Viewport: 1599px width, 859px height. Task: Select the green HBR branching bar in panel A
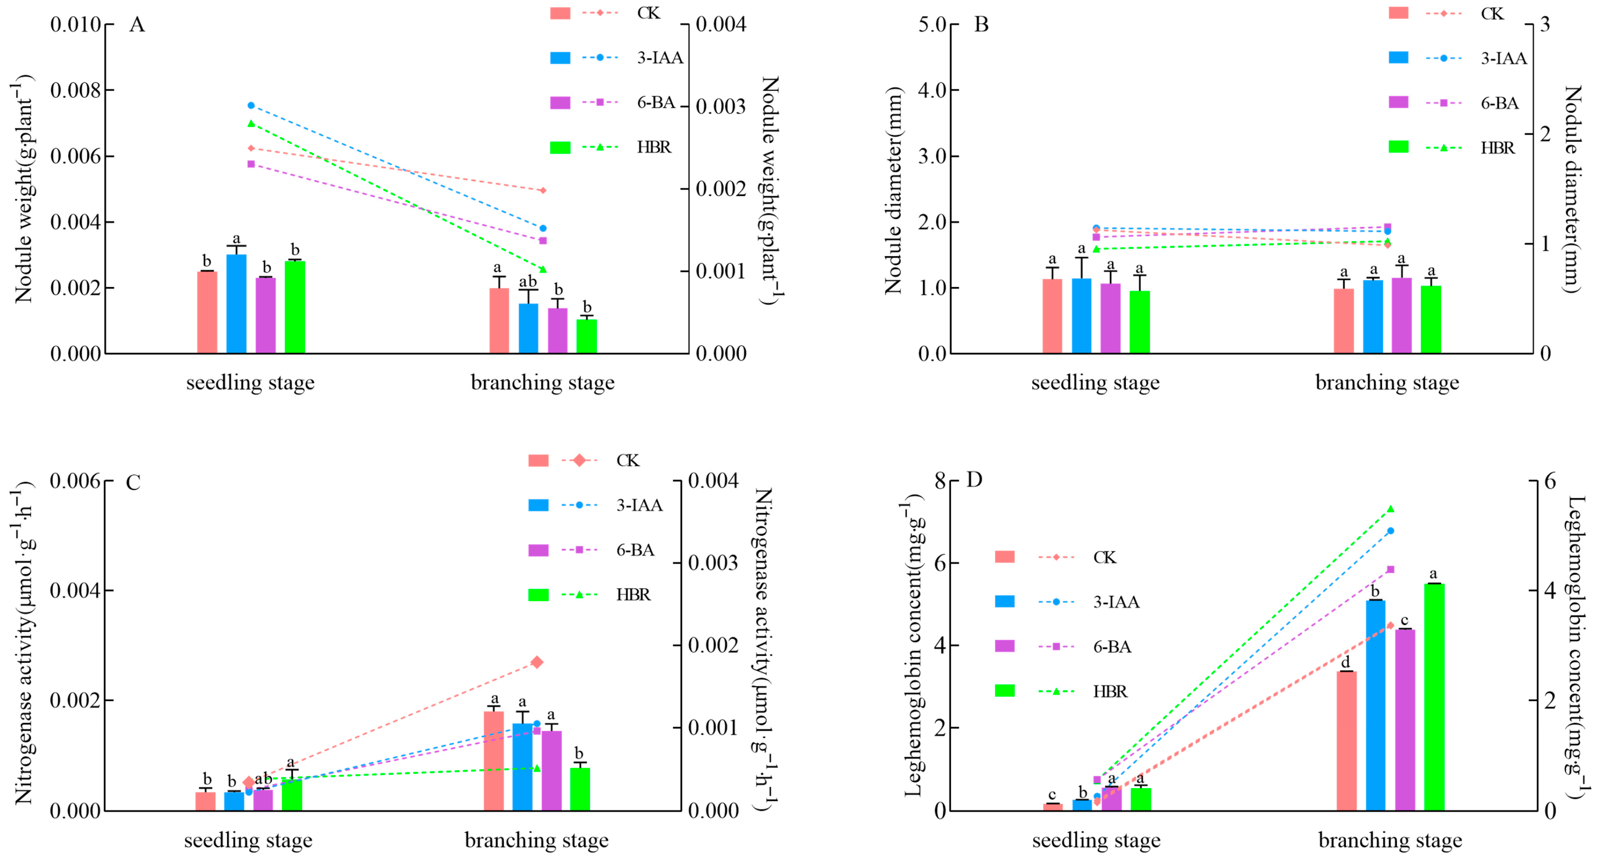(x=587, y=336)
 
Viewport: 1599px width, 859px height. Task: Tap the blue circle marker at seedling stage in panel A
(x=251, y=106)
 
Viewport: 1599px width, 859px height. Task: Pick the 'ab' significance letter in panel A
(x=528, y=282)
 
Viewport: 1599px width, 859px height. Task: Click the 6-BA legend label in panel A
(x=656, y=102)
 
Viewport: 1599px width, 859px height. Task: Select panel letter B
(x=982, y=25)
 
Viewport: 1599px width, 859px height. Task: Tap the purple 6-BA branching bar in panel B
(x=1401, y=315)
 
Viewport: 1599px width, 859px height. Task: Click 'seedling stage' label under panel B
(x=1095, y=383)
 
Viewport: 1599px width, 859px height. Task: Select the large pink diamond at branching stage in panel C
(x=537, y=662)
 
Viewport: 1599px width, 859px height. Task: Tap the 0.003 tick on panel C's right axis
(x=713, y=563)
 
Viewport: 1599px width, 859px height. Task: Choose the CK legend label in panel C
(x=627, y=460)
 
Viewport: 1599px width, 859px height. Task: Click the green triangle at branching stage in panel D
(x=1391, y=509)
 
